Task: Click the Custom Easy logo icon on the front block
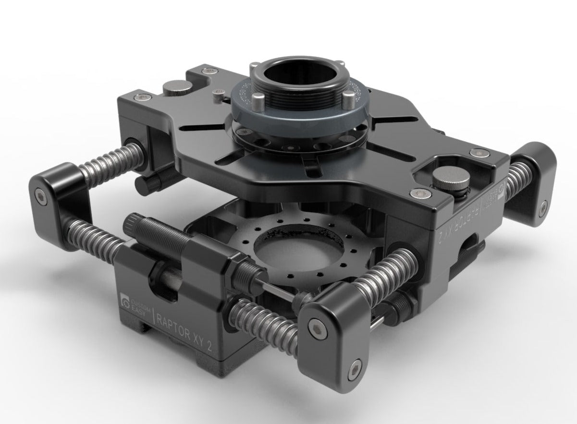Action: pos(127,302)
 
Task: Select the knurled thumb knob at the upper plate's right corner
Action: pos(452,181)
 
